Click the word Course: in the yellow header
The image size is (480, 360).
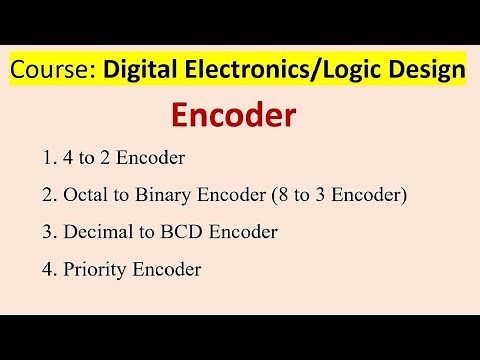click(x=49, y=70)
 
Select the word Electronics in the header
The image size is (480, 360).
click(x=243, y=70)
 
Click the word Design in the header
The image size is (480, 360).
click(x=428, y=70)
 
